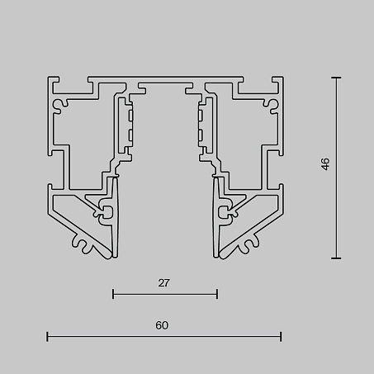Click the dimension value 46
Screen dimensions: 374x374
coord(325,164)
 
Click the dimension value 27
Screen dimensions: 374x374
coord(163,283)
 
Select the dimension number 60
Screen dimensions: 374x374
coord(162,325)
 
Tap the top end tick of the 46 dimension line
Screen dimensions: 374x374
coord(336,78)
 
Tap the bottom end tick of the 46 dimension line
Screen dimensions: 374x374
coord(336,258)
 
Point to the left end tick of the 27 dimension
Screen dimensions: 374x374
coord(113,294)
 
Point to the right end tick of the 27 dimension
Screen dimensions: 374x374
coord(217,294)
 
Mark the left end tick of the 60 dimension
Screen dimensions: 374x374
coord(47,337)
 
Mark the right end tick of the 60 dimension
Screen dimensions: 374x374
coord(281,337)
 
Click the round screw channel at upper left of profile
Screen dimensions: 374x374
coord(59,105)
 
